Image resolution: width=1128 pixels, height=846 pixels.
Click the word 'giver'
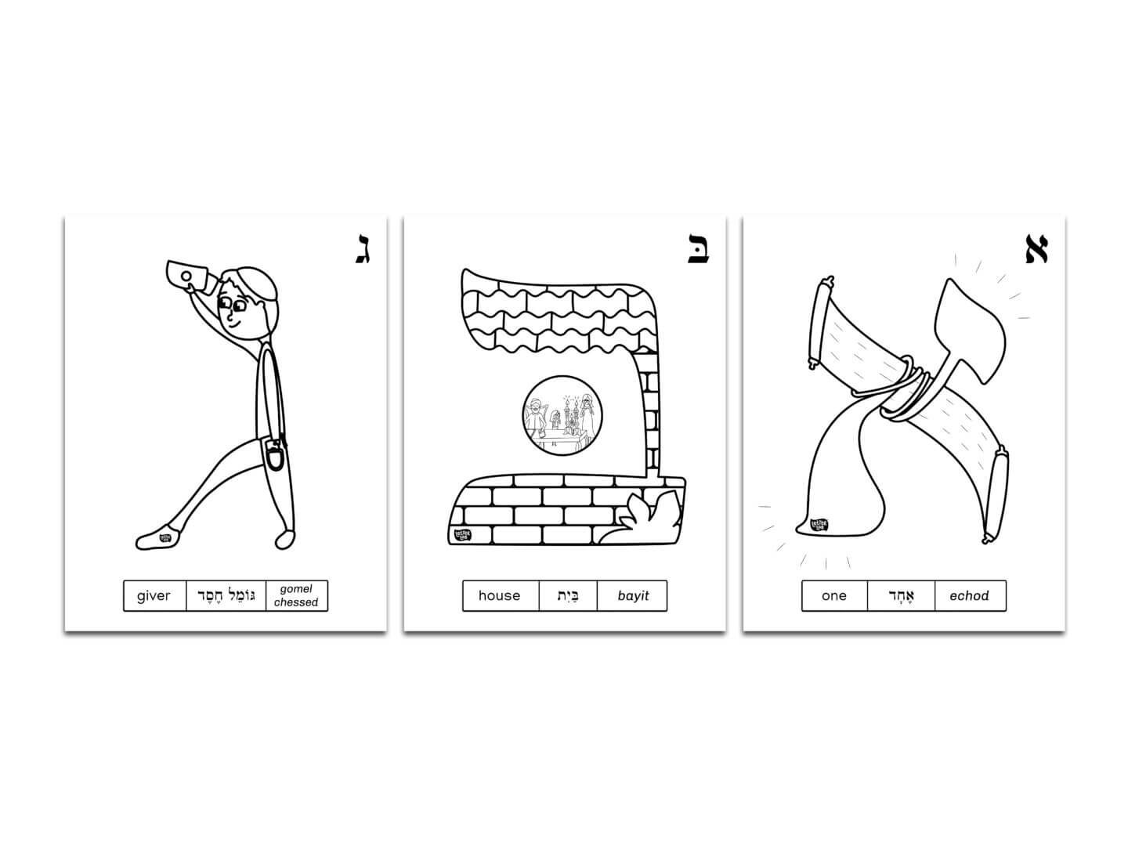[x=154, y=596]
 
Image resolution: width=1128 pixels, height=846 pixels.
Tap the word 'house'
[x=499, y=596]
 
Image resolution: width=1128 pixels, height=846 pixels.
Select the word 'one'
[x=834, y=596]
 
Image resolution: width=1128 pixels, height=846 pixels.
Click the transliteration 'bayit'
[x=633, y=596]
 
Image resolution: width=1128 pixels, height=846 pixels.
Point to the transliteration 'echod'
[x=969, y=596]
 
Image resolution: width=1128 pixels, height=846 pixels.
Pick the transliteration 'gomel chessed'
[x=296, y=596]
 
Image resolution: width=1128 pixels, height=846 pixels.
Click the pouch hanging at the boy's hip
[x=276, y=457]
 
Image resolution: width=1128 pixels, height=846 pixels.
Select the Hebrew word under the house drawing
[x=568, y=596]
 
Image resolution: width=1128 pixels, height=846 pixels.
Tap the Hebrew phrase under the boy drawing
[x=226, y=596]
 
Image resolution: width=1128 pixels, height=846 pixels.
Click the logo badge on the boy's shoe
[x=165, y=537]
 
